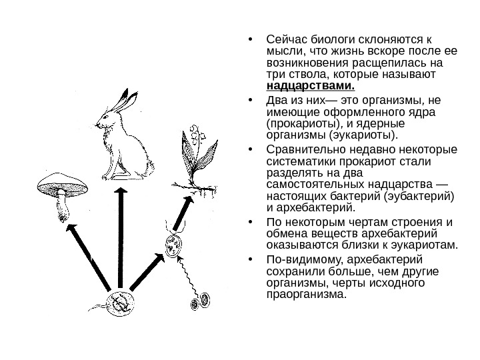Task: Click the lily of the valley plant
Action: click(x=198, y=157)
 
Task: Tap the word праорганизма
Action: click(x=306, y=295)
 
